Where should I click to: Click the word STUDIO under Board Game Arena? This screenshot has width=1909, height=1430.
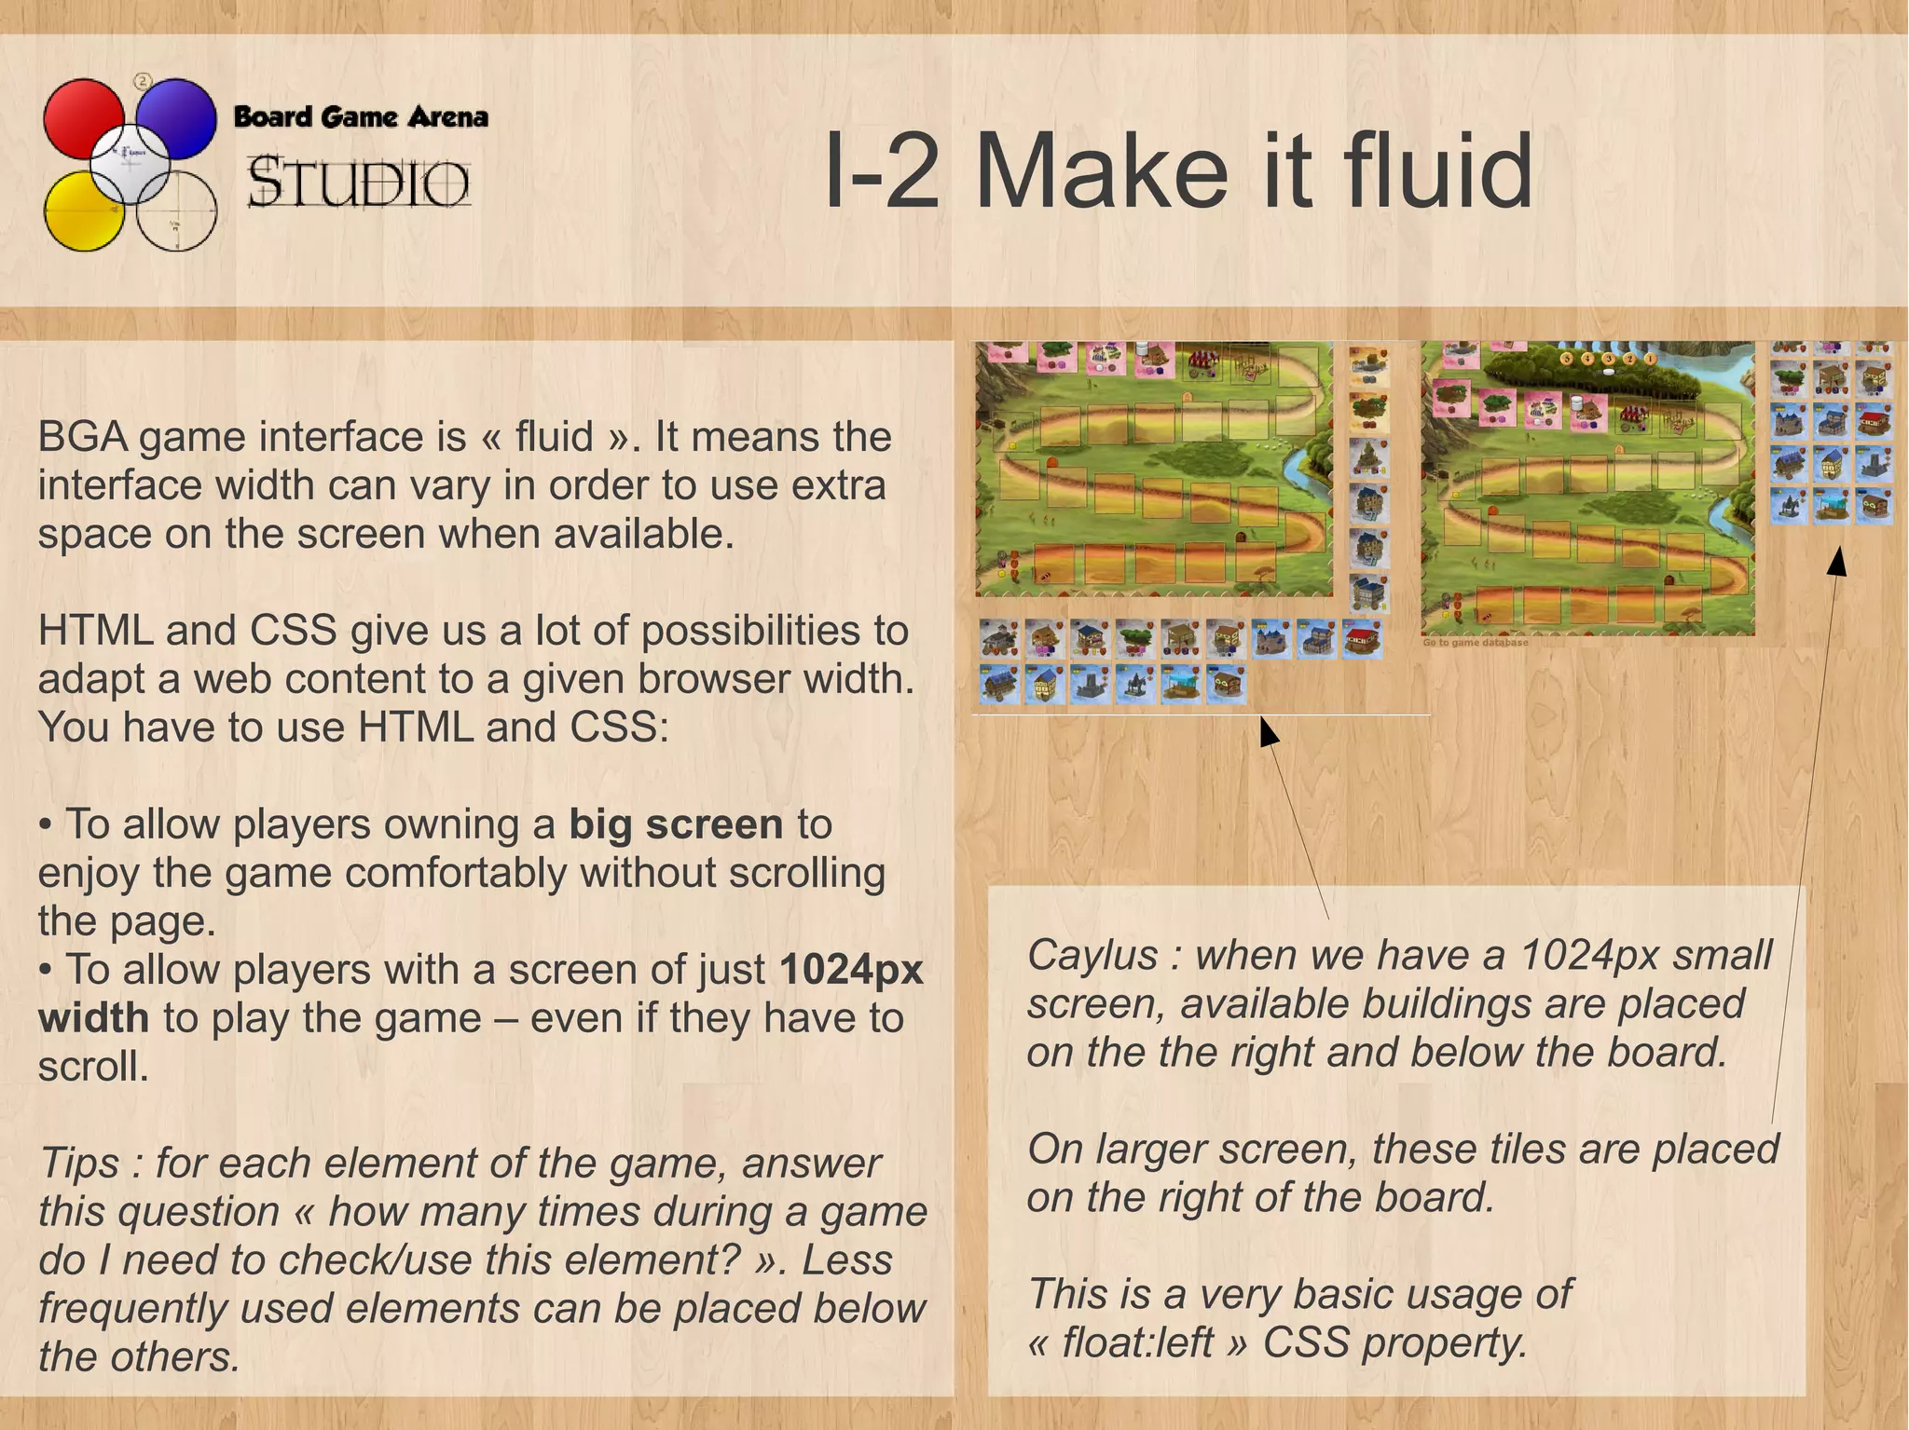click(359, 182)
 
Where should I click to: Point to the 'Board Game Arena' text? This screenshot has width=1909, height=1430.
click(361, 117)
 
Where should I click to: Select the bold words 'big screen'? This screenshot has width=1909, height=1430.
click(676, 824)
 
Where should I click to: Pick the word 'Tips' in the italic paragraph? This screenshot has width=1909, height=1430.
click(78, 1164)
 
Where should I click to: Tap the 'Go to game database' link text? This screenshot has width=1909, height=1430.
click(1475, 643)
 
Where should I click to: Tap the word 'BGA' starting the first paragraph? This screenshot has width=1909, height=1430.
click(82, 437)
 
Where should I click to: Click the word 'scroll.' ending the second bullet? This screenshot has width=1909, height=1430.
click(93, 1067)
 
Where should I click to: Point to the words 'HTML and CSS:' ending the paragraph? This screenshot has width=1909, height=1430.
click(514, 728)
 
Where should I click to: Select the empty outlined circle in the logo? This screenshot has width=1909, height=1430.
click(177, 212)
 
